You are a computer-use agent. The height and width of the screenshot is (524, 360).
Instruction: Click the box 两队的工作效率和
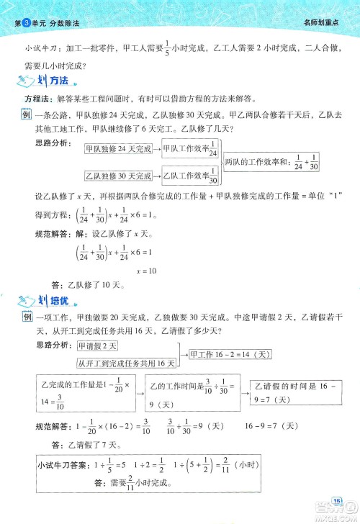click(x=271, y=163)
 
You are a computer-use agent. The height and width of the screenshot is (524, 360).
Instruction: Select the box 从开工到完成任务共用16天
click(x=127, y=363)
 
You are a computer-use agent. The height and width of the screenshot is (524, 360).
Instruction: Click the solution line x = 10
click(x=147, y=271)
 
